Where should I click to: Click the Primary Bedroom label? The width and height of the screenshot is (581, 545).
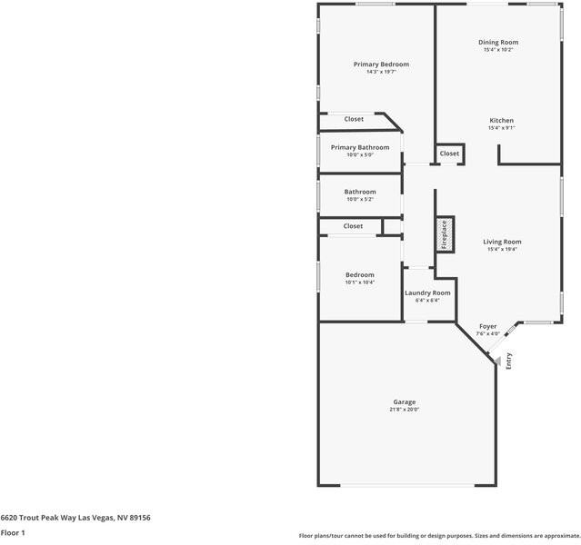pyautogui.click(x=381, y=64)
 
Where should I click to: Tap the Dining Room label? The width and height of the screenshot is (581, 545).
pyautogui.click(x=498, y=42)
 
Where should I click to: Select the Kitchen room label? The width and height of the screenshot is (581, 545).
pyautogui.click(x=502, y=121)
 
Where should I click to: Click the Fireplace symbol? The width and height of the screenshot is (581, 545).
pyautogui.click(x=445, y=233)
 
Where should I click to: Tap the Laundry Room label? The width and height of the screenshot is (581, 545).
pyautogui.click(x=427, y=292)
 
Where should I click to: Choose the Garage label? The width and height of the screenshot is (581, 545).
pyautogui.click(x=405, y=401)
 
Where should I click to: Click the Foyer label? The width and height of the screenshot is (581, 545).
pyautogui.click(x=487, y=326)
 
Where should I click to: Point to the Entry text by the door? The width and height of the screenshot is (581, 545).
pyautogui.click(x=509, y=361)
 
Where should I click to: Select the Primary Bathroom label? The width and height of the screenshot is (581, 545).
pyautogui.click(x=360, y=147)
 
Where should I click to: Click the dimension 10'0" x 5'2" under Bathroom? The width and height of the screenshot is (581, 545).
pyautogui.click(x=360, y=199)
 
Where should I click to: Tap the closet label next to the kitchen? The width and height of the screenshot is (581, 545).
pyautogui.click(x=450, y=154)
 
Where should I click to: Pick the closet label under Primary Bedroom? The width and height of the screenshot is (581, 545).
pyautogui.click(x=354, y=119)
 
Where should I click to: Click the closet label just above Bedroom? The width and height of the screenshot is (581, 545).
pyautogui.click(x=353, y=226)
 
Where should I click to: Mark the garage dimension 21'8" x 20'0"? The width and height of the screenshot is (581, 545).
pyautogui.click(x=405, y=410)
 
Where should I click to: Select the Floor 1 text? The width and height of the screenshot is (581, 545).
pyautogui.click(x=13, y=532)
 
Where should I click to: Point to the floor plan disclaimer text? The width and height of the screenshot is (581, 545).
pyautogui.click(x=439, y=536)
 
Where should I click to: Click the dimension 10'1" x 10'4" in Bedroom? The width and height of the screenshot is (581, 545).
pyautogui.click(x=359, y=282)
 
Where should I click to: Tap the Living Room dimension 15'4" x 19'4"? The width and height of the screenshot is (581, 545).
pyautogui.click(x=502, y=249)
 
